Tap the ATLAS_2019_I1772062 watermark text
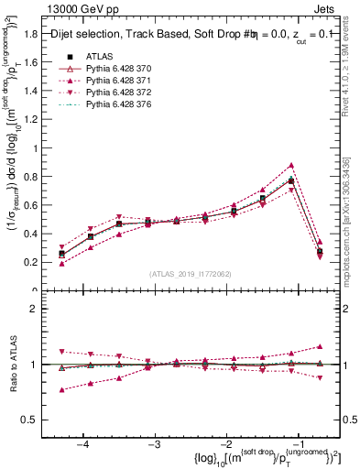(x=189, y=274)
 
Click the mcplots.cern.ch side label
(x=352, y=237)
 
